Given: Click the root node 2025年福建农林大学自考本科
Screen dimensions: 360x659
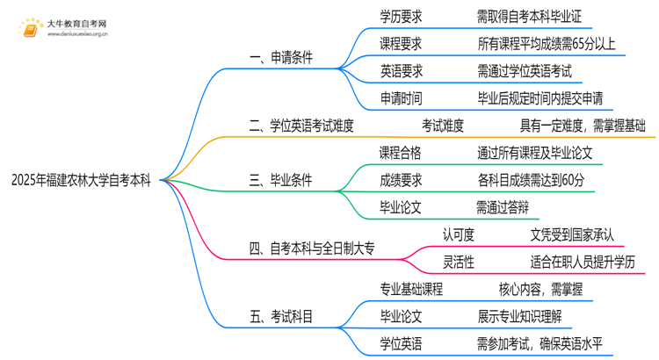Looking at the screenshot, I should [81, 181].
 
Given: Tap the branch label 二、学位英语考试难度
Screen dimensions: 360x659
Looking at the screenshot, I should [301, 126].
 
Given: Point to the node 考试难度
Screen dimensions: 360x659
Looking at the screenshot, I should [444, 126].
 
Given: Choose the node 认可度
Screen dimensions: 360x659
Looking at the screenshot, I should [458, 234].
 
